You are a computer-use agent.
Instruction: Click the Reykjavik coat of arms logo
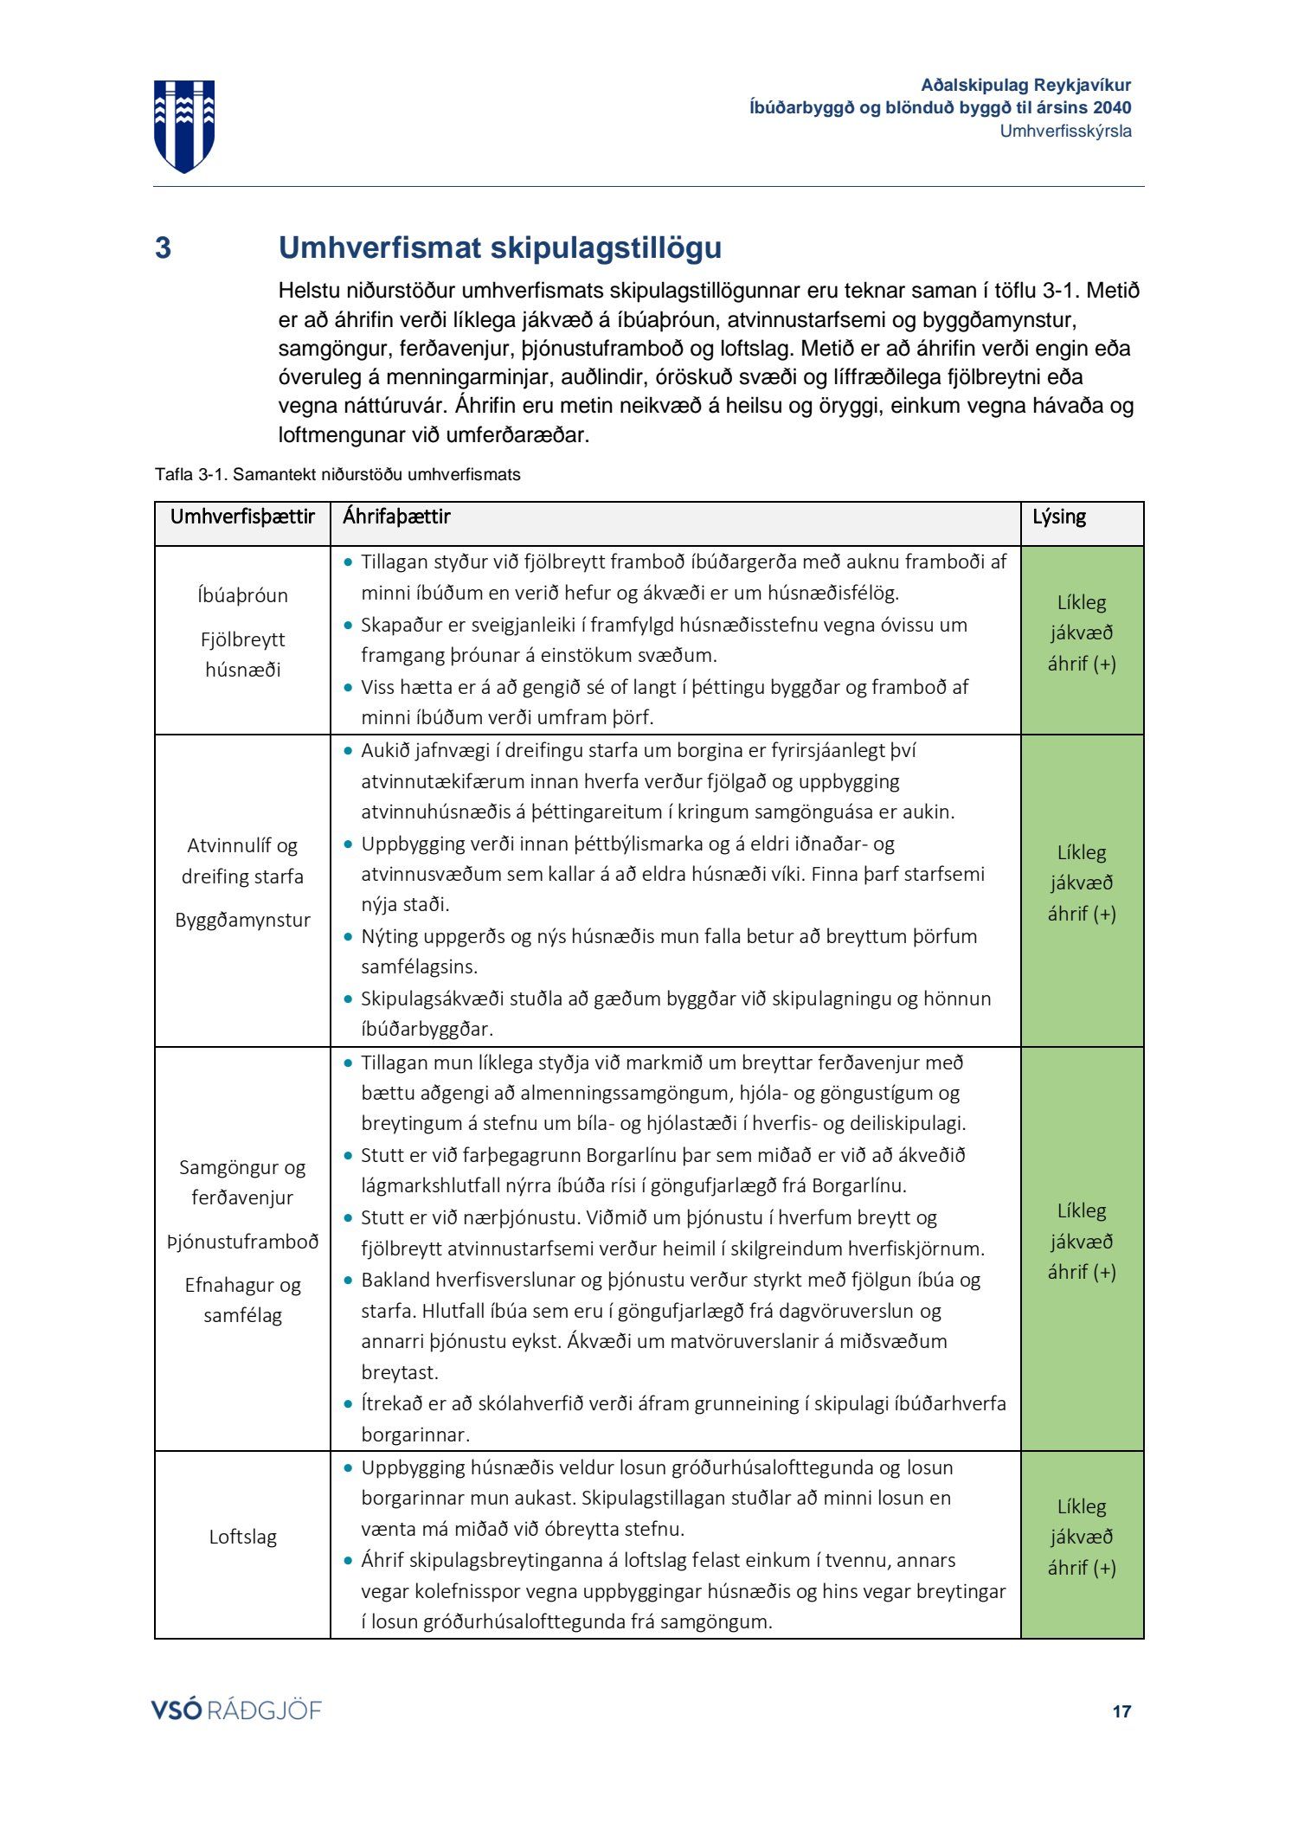184,125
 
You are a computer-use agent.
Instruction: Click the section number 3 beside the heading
163,248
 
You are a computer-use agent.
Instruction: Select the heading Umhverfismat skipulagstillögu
499,248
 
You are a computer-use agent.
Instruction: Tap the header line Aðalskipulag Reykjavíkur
1025,86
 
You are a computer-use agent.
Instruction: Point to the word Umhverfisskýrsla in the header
1065,132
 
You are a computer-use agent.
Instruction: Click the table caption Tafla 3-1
337,475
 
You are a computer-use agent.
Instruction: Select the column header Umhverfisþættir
242,517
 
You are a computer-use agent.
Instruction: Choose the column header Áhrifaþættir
396,517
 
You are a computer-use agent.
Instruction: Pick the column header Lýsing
1058,517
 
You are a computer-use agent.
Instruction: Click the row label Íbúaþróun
242,595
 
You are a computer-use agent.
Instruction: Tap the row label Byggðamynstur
242,920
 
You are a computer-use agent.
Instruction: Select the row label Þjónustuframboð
242,1242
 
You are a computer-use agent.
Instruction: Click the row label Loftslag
242,1537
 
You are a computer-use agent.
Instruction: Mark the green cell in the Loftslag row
1082,1537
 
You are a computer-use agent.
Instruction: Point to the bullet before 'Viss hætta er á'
348,688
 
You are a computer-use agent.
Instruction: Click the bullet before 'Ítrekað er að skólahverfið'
348,1403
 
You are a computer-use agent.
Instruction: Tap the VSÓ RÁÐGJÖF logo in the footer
236,1711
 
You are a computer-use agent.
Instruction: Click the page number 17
1121,1711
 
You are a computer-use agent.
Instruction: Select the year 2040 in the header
1112,108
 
